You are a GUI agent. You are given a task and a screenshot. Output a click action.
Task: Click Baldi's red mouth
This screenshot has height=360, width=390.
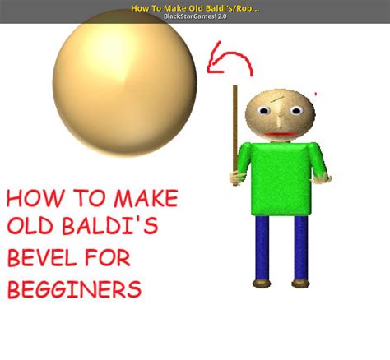(283, 134)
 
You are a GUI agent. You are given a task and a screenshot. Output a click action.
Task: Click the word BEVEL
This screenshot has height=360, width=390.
(42, 260)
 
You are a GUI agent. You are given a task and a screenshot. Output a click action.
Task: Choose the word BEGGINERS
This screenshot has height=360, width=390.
(74, 289)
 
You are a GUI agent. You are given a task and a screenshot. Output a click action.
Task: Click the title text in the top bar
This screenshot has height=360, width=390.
(194, 7)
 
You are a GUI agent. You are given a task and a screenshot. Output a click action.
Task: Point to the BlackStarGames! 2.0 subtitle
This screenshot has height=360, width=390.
(194, 16)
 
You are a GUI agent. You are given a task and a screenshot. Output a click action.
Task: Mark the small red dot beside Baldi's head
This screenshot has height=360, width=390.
(317, 94)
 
